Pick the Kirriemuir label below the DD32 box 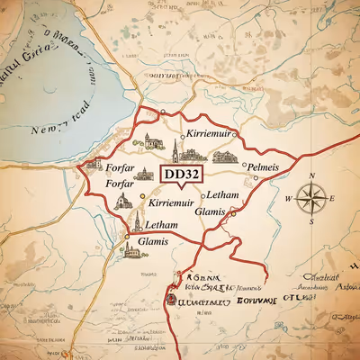click(x=171, y=203)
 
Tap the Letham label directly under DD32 click(x=221, y=194)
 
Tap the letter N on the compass click(x=310, y=175)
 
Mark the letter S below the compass click(x=310, y=220)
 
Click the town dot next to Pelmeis click(x=245, y=166)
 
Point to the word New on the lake click(x=46, y=130)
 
